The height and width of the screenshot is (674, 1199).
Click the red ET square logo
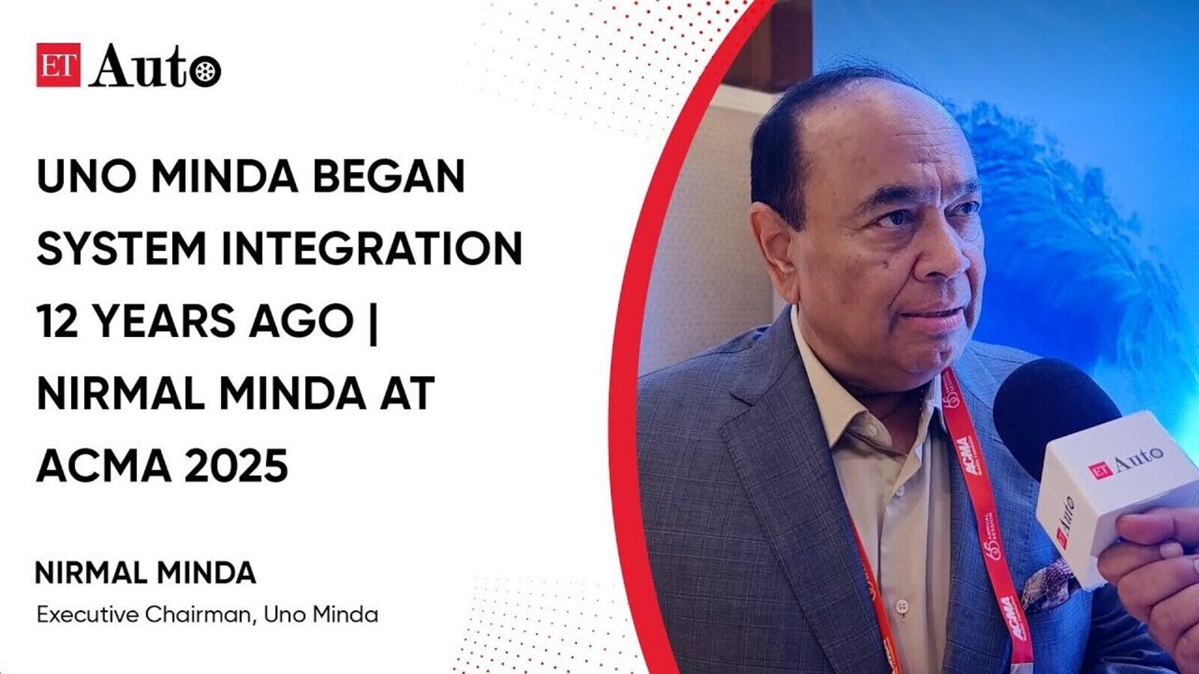click(58, 64)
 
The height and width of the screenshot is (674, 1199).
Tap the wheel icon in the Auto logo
click(205, 71)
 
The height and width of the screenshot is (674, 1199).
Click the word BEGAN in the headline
click(389, 176)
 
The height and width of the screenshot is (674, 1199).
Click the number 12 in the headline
click(57, 321)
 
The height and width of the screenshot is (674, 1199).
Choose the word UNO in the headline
click(85, 176)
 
